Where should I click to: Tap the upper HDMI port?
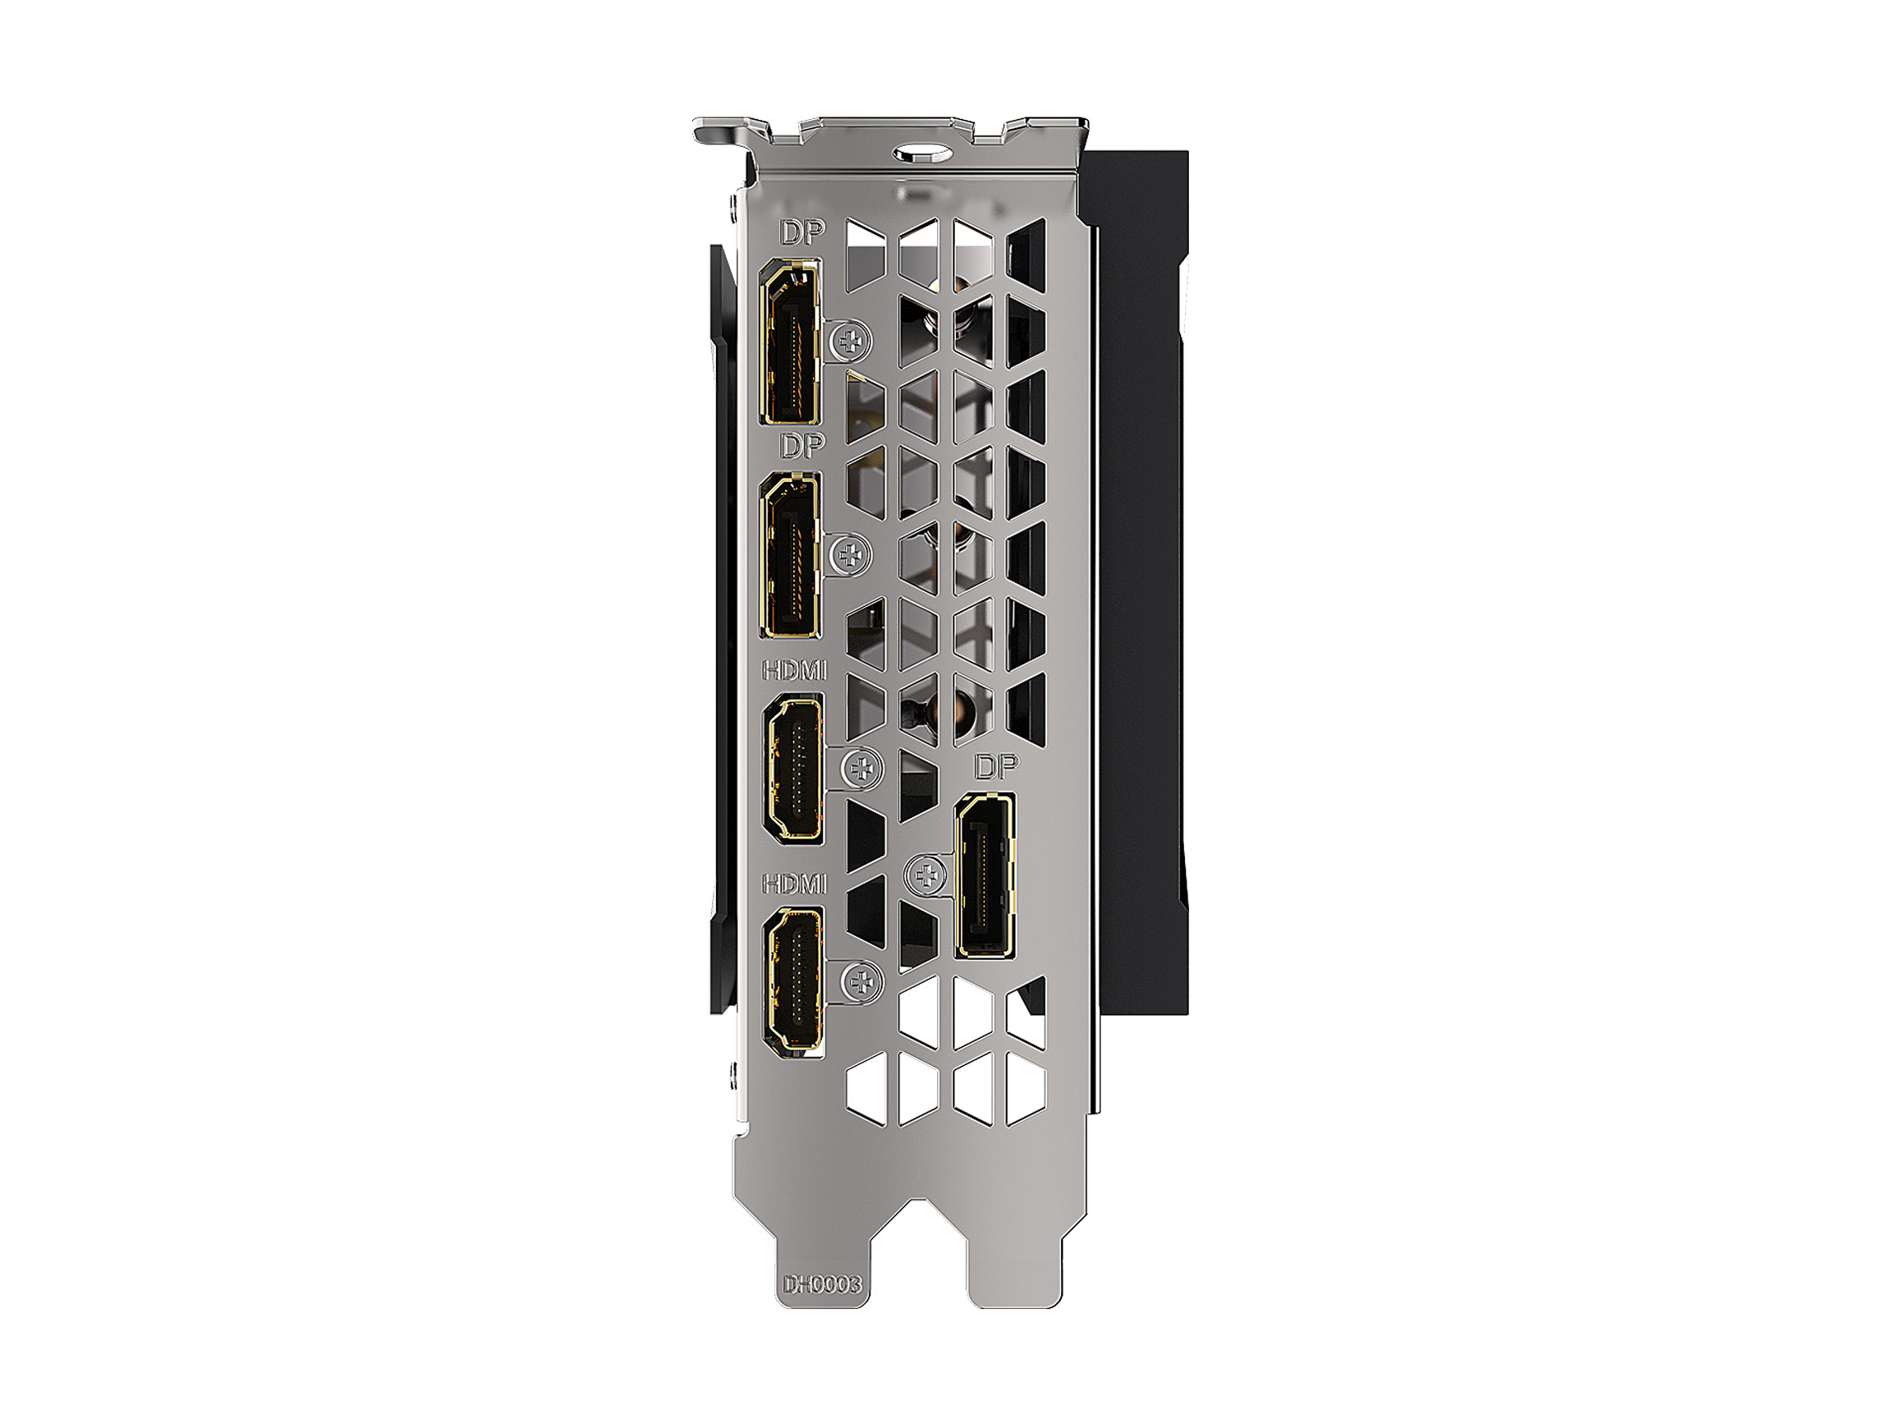coord(794,767)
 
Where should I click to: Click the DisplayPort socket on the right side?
coord(985,875)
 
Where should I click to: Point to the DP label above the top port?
coord(801,232)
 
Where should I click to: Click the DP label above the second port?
coord(801,445)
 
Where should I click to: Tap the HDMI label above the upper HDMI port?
coord(795,671)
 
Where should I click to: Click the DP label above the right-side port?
coord(996,767)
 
